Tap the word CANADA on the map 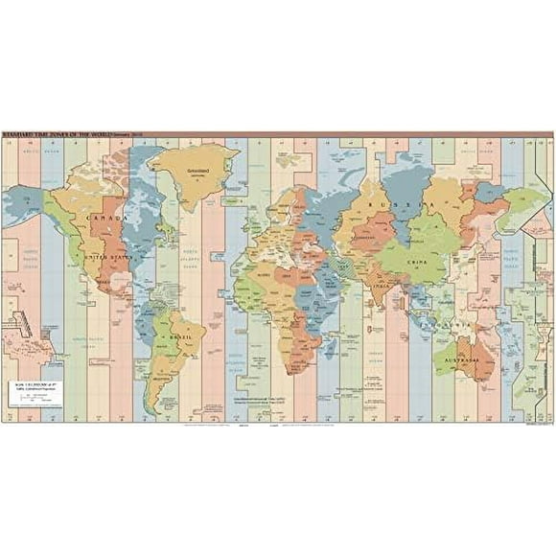tap(99, 217)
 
